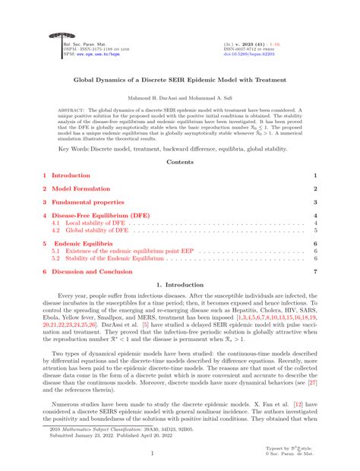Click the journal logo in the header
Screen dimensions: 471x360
click(x=54, y=37)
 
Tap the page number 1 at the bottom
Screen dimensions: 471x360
click(x=179, y=454)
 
